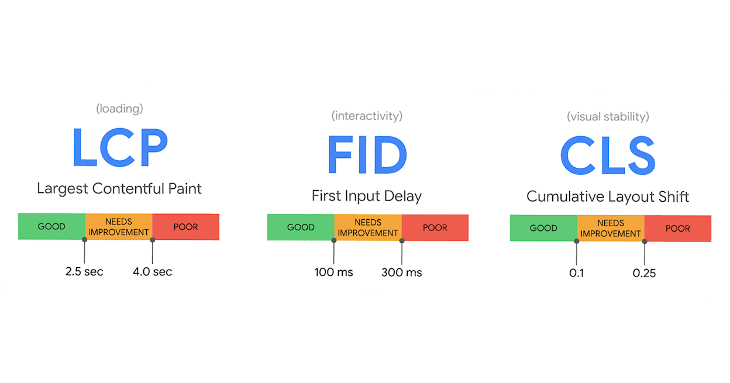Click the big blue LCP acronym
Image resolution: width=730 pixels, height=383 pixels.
[x=120, y=147]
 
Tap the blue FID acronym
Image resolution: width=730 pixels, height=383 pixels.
[x=367, y=154]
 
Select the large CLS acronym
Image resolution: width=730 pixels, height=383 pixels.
[x=608, y=155]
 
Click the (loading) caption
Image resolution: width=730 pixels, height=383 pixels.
[x=119, y=108]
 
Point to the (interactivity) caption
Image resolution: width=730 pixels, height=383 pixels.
[x=367, y=116]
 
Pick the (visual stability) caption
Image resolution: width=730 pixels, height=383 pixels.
[x=608, y=116]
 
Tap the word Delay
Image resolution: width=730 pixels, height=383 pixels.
[x=403, y=196]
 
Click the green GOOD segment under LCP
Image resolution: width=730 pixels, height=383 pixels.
[x=51, y=226]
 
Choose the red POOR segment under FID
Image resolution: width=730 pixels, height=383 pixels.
[x=435, y=227]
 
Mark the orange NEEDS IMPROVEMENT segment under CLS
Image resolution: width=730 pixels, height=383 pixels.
[x=611, y=228]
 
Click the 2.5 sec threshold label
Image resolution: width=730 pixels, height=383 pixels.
[x=84, y=272]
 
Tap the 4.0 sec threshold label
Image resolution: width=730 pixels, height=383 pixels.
[x=152, y=272]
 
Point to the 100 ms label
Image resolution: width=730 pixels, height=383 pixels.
[x=334, y=272]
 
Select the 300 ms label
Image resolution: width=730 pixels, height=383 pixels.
[x=402, y=272]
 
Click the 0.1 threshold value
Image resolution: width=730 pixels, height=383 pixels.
[x=577, y=273]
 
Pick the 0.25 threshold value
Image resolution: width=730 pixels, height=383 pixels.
[x=644, y=273]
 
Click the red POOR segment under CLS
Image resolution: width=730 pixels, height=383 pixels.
[x=678, y=228]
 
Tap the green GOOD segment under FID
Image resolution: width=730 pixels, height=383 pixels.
[x=301, y=227]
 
